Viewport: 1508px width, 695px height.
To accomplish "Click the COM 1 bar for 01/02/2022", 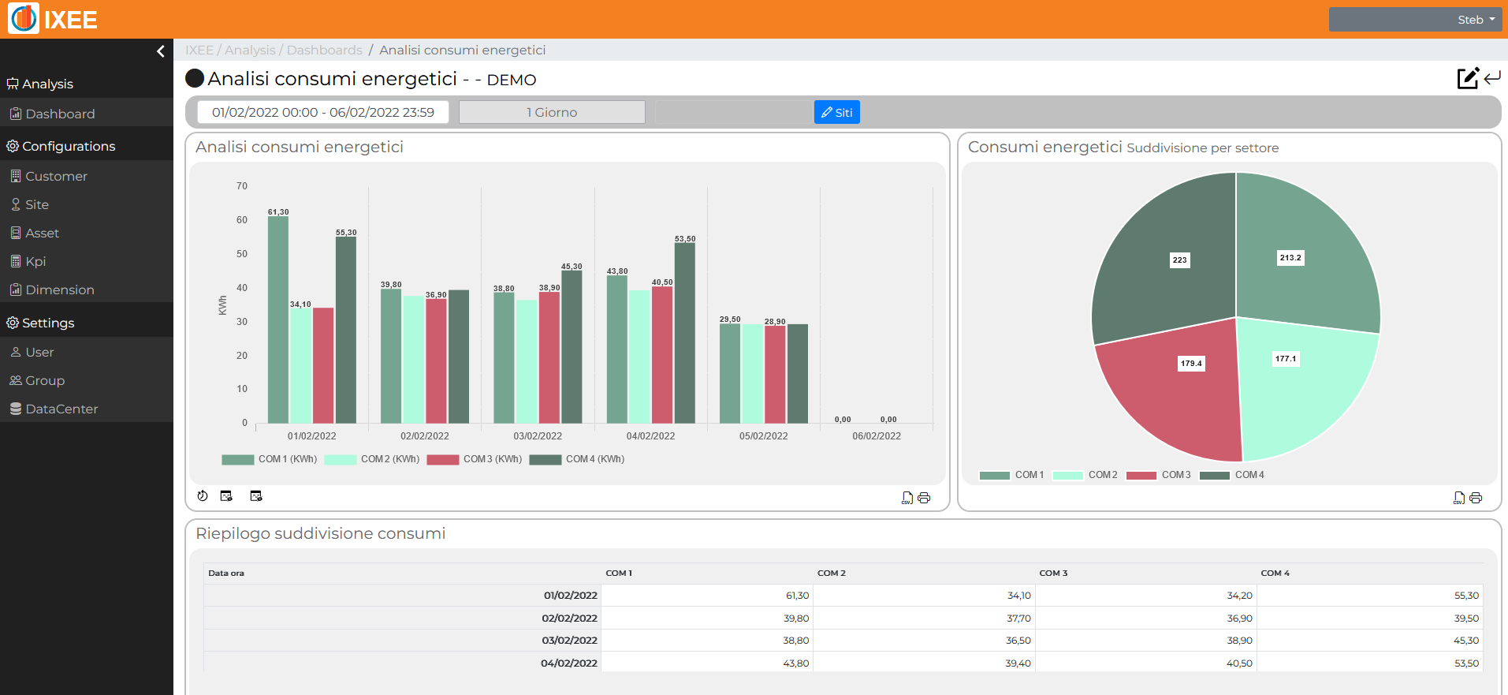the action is click(277, 319).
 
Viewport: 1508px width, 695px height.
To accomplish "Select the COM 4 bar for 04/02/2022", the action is click(685, 333).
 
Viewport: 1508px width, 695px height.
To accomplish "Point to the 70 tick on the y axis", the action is click(242, 186).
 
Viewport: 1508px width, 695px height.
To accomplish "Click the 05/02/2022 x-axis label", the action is click(764, 436).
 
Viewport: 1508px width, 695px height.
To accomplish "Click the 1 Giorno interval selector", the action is click(552, 112).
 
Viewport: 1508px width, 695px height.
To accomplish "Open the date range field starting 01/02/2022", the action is click(323, 112).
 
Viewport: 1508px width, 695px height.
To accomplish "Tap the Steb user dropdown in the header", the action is click(1415, 20).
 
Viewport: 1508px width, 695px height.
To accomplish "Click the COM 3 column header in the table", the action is click(1053, 574).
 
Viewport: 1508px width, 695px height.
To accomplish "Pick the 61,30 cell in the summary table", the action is click(797, 596).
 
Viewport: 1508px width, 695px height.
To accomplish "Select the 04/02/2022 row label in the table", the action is click(569, 663).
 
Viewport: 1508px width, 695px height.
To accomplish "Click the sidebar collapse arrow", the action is click(161, 51).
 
